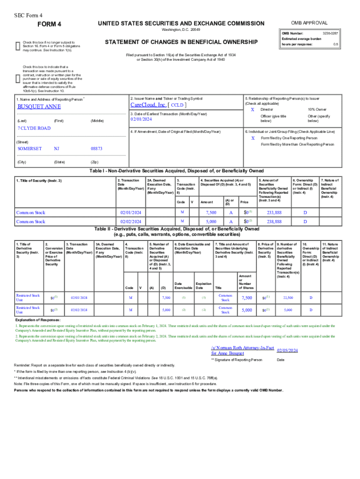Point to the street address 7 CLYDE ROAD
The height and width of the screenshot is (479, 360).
[34, 128]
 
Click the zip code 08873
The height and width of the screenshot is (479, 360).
[96, 148]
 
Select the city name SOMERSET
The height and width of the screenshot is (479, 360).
[29, 148]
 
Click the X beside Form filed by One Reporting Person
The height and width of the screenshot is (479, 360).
[252, 138]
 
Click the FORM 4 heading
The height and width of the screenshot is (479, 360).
[49, 24]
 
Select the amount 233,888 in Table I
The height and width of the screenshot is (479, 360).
[274, 212]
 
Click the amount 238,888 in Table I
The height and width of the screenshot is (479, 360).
[274, 221]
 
